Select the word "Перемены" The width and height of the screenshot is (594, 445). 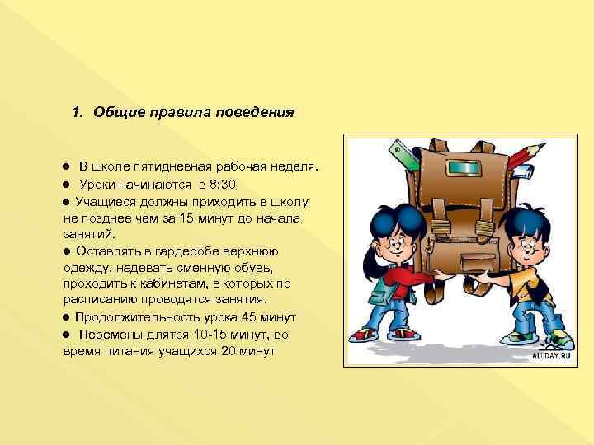pos(109,334)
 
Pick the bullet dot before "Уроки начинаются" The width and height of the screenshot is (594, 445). pos(67,184)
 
